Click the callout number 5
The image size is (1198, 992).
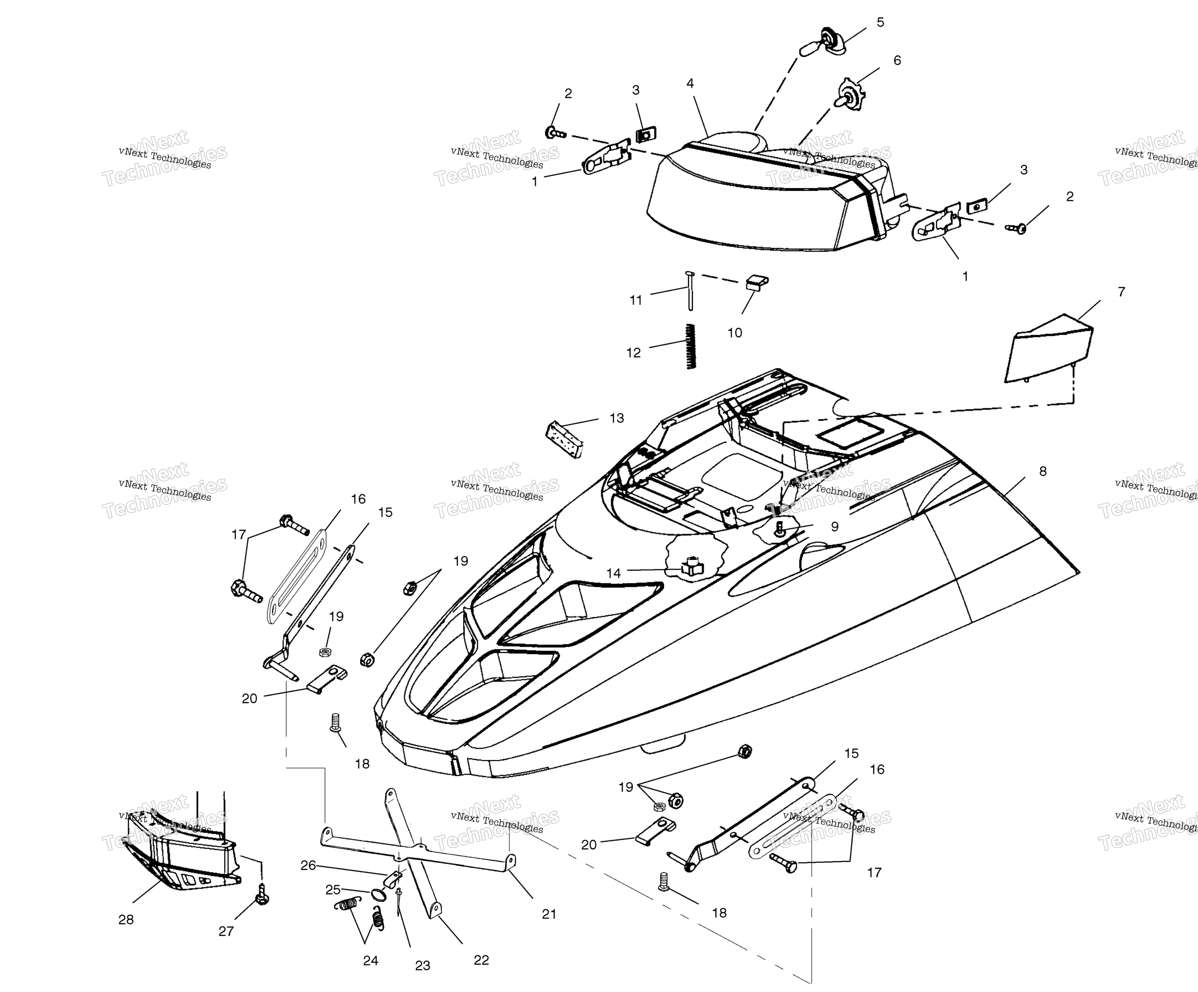pos(880,22)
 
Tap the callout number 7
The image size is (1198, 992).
pos(1121,292)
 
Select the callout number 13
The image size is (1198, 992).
pos(617,418)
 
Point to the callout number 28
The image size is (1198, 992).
pos(126,920)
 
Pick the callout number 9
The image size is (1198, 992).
pos(835,527)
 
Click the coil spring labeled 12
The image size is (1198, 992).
pos(691,346)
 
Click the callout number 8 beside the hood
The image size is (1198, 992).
pos(1043,471)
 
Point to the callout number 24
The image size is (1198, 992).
pos(371,961)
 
